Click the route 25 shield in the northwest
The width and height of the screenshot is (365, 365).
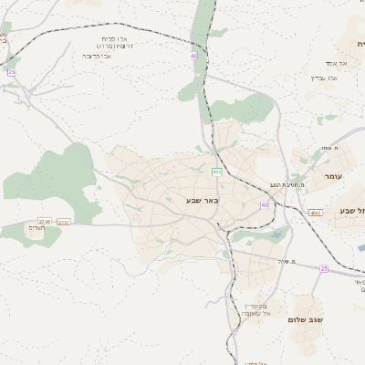pos(11,71)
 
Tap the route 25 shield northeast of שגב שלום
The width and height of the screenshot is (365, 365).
pos(324,268)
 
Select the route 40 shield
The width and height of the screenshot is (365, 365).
pos(193,57)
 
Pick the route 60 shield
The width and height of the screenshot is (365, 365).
pos(265,205)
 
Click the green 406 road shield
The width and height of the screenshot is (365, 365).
pos(216,172)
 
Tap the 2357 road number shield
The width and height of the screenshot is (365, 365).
pos(64,221)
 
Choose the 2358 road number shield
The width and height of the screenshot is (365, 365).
pos(44,221)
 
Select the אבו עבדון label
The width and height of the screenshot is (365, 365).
pos(325,78)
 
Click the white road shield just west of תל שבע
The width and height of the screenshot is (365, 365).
pos(316,212)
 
